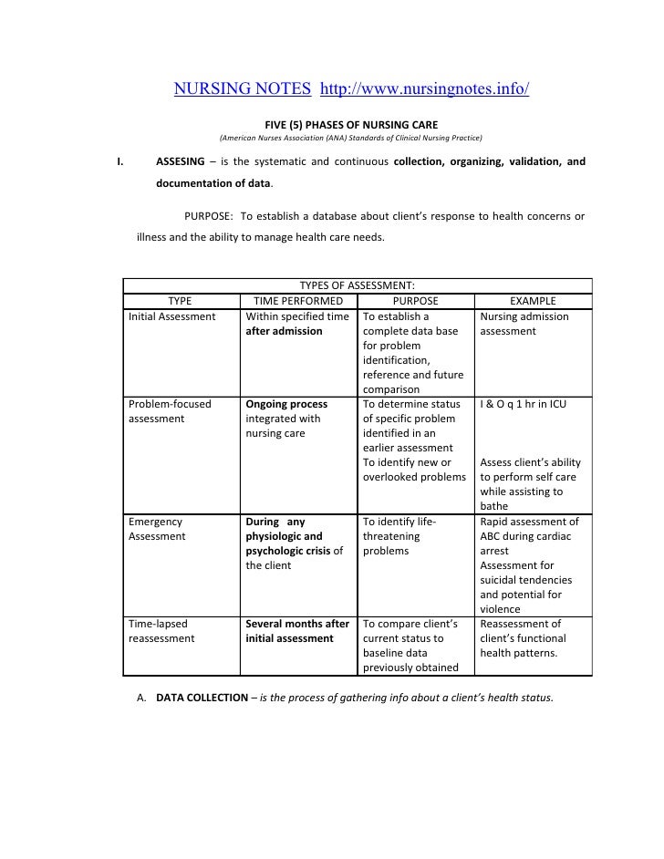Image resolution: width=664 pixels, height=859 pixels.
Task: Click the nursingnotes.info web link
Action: [x=425, y=90]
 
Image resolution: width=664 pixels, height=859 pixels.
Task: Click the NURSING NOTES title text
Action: [x=244, y=90]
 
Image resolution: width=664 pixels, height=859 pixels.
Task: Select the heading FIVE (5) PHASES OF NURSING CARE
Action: [x=350, y=124]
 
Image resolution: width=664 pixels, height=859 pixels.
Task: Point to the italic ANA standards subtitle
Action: [x=350, y=139]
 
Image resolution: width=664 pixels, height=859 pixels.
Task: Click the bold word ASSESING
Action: [x=180, y=161]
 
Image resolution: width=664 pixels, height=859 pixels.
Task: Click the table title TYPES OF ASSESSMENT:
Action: [x=358, y=286]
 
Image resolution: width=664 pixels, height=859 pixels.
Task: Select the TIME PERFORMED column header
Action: [x=298, y=301]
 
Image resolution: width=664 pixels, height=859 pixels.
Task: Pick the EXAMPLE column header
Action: [x=533, y=301]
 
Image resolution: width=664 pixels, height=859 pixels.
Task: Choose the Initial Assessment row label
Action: [x=172, y=316]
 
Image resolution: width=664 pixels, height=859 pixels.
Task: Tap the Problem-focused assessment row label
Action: [x=171, y=410]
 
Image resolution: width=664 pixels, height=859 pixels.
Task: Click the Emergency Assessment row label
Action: [x=157, y=529]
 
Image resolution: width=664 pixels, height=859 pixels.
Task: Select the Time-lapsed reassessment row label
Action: [x=162, y=631]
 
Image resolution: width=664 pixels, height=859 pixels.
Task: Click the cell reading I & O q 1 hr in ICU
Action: [x=523, y=403]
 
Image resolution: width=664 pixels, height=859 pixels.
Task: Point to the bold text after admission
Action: [x=284, y=331]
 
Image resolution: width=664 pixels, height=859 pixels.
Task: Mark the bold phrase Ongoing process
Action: [x=286, y=403]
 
